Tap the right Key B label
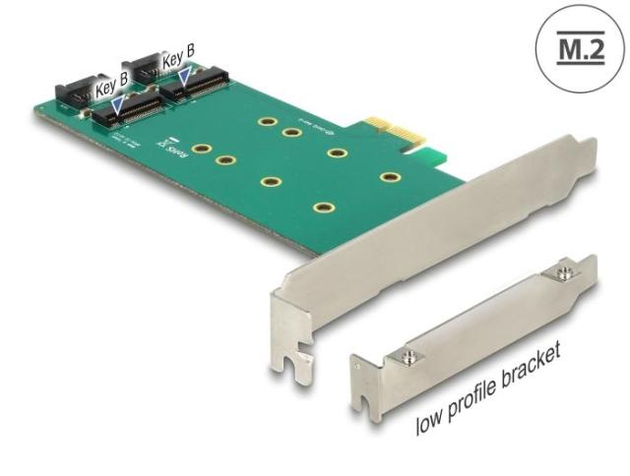[178, 59]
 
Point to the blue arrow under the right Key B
[183, 75]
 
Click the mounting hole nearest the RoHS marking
[201, 150]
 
